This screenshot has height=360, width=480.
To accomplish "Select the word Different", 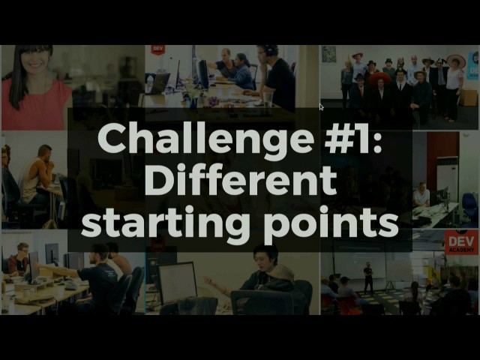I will coord(240,181).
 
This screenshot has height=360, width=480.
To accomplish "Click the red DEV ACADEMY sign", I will coord(460,242).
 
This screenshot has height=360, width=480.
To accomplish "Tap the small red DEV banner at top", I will coord(157,49).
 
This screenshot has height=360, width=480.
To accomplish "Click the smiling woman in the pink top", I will coord(34,82).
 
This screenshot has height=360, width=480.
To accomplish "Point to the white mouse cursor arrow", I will coord(321,107).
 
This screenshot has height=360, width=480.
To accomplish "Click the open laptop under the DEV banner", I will coord(160,82).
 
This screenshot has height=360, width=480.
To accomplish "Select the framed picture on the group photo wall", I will coord(328,55).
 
